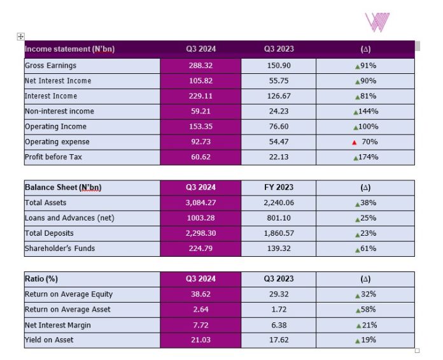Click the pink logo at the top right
coord(377,22)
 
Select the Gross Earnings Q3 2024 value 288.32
coord(200,66)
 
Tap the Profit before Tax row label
coord(50,157)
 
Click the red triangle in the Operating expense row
coord(354,142)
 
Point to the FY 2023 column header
coord(279,187)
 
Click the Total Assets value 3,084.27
coord(200,203)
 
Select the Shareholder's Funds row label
coord(59,248)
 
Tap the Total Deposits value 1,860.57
coord(279,233)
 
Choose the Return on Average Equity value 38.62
coord(200,294)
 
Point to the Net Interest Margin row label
coord(58,325)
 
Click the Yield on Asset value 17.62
coord(279,340)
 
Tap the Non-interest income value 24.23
coord(279,112)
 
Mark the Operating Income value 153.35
coord(200,127)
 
